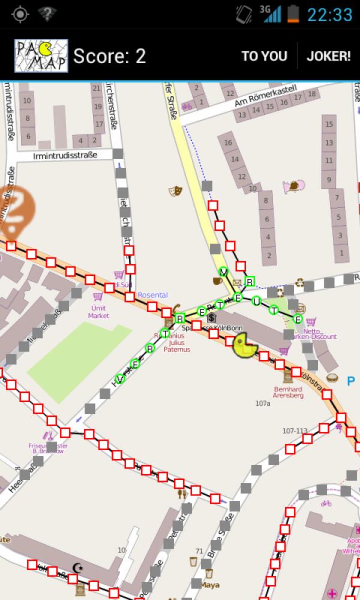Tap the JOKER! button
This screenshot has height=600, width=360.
(x=328, y=56)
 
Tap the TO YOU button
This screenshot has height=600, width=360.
(x=264, y=56)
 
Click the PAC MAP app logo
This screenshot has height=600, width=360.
(x=41, y=56)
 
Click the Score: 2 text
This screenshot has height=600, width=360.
(x=109, y=56)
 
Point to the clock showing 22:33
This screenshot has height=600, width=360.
(x=329, y=14)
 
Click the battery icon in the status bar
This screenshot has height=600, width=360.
(x=293, y=13)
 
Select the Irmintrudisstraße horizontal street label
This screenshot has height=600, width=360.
(x=65, y=155)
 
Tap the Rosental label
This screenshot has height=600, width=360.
(x=152, y=295)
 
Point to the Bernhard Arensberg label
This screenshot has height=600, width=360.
(x=287, y=392)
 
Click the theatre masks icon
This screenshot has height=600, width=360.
(x=176, y=191)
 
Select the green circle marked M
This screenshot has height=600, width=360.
(x=224, y=272)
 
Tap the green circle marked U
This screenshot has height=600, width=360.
(x=256, y=301)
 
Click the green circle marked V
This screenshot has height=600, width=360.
(x=120, y=379)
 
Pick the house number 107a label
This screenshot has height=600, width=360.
(x=263, y=404)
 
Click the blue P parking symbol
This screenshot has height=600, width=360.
(x=351, y=380)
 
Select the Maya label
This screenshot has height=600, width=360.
(x=210, y=584)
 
